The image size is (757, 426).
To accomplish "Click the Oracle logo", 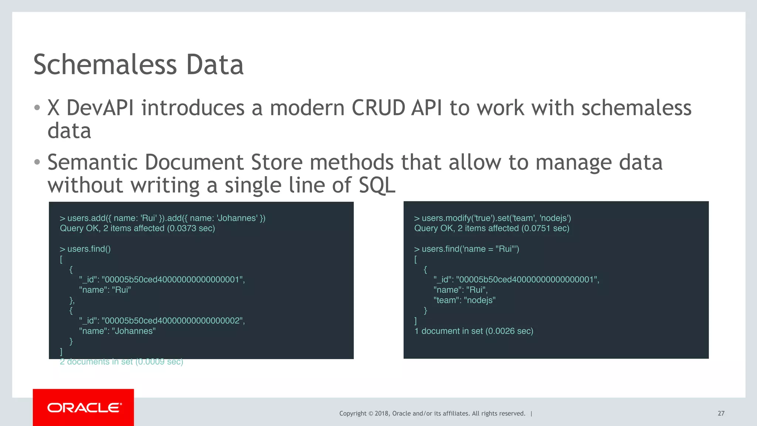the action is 84,408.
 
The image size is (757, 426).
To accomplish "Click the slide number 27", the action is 721,413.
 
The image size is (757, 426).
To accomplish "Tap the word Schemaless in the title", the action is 105,65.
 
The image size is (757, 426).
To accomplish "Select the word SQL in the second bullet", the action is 377,185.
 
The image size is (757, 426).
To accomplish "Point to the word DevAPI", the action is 100,108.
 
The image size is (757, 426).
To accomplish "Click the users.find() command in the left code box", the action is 89,249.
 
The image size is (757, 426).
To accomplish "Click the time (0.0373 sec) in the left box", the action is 191,228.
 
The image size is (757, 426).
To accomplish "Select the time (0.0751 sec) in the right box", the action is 545,228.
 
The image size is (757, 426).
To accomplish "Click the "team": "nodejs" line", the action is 464,300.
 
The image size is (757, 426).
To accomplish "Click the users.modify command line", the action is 492,218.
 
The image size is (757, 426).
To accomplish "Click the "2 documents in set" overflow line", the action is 121,362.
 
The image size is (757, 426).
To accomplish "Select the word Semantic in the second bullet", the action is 93,163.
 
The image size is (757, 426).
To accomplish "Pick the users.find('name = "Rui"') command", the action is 466,249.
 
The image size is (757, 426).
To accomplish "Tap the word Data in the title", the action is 215,65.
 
